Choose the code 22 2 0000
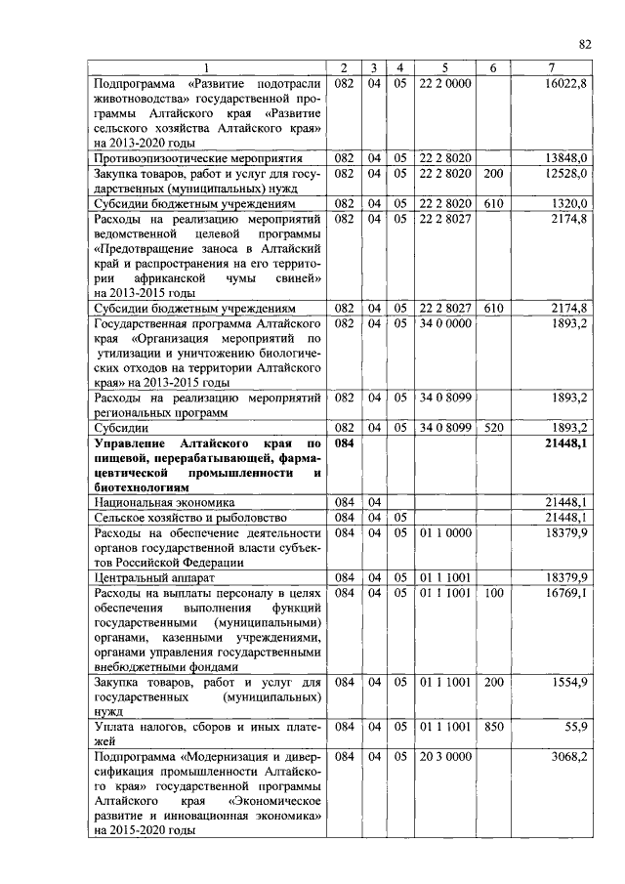[444, 84]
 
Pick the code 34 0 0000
[444, 322]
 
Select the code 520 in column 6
[493, 427]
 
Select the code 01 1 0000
[444, 531]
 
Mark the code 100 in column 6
[493, 592]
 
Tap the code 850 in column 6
[493, 727]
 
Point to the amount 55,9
[572, 727]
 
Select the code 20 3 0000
[444, 757]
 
